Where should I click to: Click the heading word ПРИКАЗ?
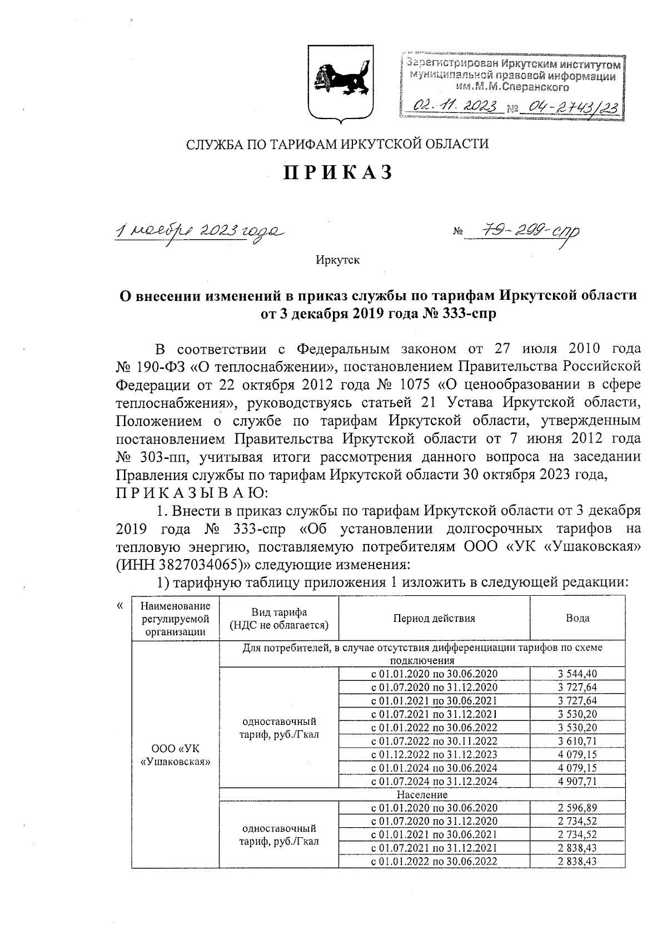tap(338, 174)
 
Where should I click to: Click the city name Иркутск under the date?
tap(338, 260)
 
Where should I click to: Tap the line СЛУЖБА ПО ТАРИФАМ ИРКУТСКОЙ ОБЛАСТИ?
tap(337, 145)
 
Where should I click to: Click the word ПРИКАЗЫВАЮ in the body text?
tap(193, 492)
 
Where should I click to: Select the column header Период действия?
tap(434, 618)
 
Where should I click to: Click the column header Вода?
tap(578, 618)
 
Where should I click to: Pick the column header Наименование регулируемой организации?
tap(176, 618)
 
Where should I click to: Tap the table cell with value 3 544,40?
tap(578, 674)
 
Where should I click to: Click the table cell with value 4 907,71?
tap(578, 781)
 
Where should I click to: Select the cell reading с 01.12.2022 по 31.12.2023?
tap(434, 754)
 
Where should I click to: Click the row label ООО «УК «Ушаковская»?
tap(176, 754)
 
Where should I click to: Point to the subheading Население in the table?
tap(422, 794)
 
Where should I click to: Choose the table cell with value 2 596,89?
tap(578, 808)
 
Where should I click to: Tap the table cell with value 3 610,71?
tap(578, 741)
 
